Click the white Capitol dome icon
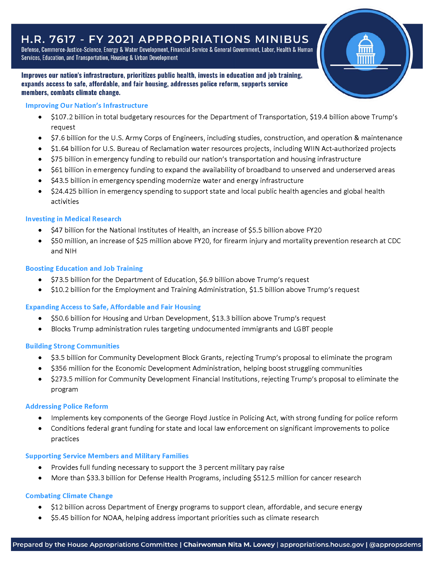[365, 50]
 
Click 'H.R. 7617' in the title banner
[48, 39]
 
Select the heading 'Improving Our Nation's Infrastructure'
[87, 106]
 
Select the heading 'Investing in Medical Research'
[73, 219]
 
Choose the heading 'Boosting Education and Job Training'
[84, 268]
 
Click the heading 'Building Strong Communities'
[72, 346]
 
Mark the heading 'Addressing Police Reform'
[67, 406]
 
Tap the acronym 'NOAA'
[112, 518]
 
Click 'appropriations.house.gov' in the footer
[322, 545]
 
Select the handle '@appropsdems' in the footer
[395, 545]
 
